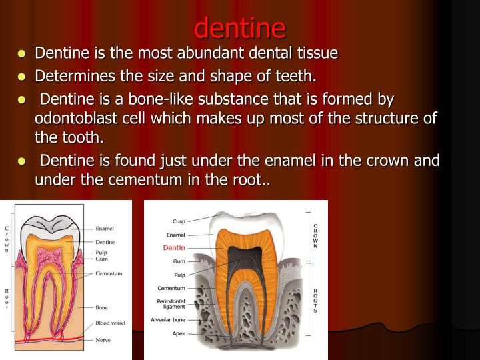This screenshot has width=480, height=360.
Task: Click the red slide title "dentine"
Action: pyautogui.click(x=240, y=28)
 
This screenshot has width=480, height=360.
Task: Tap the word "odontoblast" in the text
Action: pyautogui.click(x=73, y=119)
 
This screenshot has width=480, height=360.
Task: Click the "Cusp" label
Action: pyautogui.click(x=179, y=221)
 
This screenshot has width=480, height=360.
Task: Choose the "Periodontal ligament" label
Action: pyautogui.click(x=171, y=303)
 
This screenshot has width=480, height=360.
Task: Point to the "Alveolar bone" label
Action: pyautogui.click(x=169, y=320)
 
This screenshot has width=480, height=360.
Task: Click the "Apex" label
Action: pyautogui.click(x=178, y=333)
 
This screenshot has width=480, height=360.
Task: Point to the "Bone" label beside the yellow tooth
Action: pyautogui.click(x=102, y=307)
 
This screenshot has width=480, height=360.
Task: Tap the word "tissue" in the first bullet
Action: pyautogui.click(x=317, y=53)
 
